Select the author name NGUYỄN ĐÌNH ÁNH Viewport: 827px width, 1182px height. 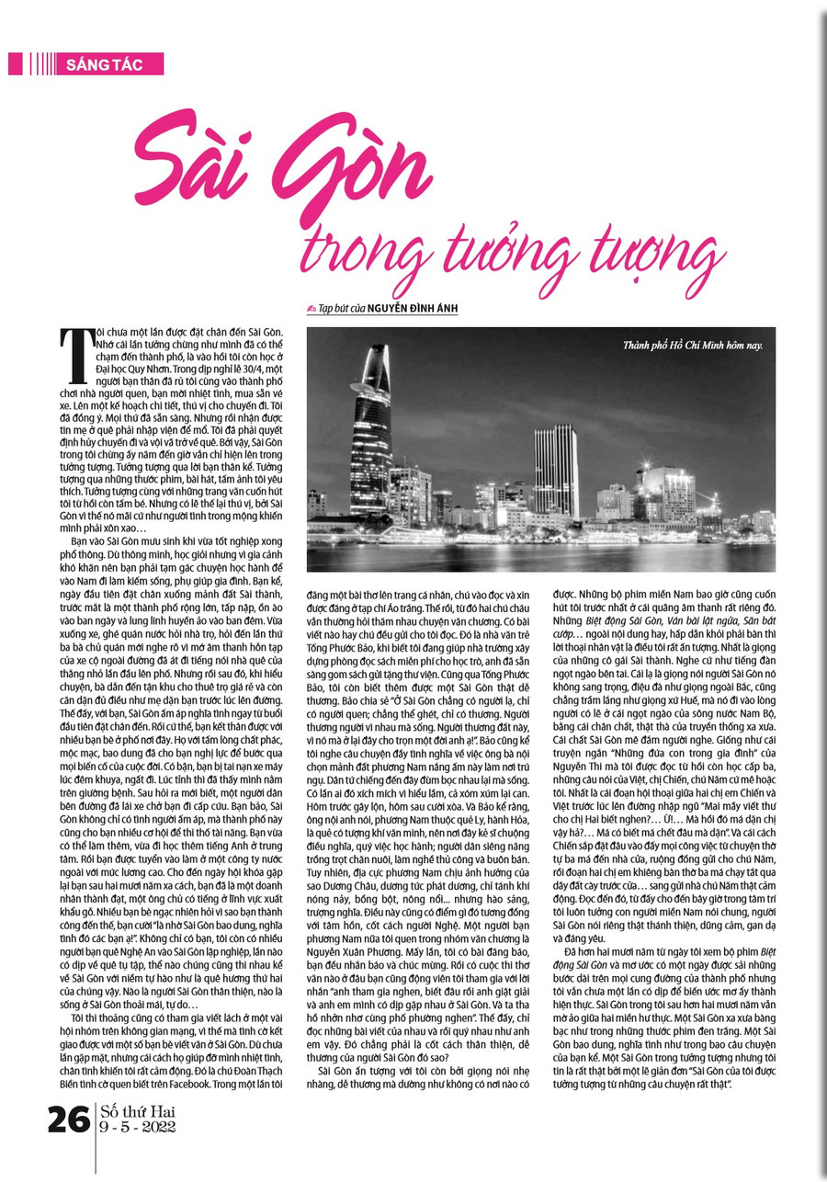(409, 310)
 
